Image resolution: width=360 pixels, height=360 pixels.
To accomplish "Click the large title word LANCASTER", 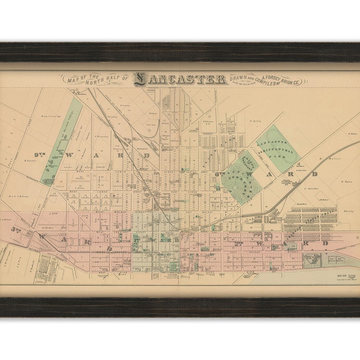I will point(180,79).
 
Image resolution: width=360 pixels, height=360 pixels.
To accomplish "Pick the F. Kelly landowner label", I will point(255,121).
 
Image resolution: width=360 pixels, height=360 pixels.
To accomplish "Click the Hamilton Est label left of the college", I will point(50,116).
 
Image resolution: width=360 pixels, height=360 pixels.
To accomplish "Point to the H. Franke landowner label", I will point(30,160).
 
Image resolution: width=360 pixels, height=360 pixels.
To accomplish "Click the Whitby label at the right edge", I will point(348,211).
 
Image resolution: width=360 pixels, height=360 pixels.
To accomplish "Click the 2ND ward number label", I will point(238,243).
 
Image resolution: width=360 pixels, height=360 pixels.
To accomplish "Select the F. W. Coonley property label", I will point(101,136).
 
